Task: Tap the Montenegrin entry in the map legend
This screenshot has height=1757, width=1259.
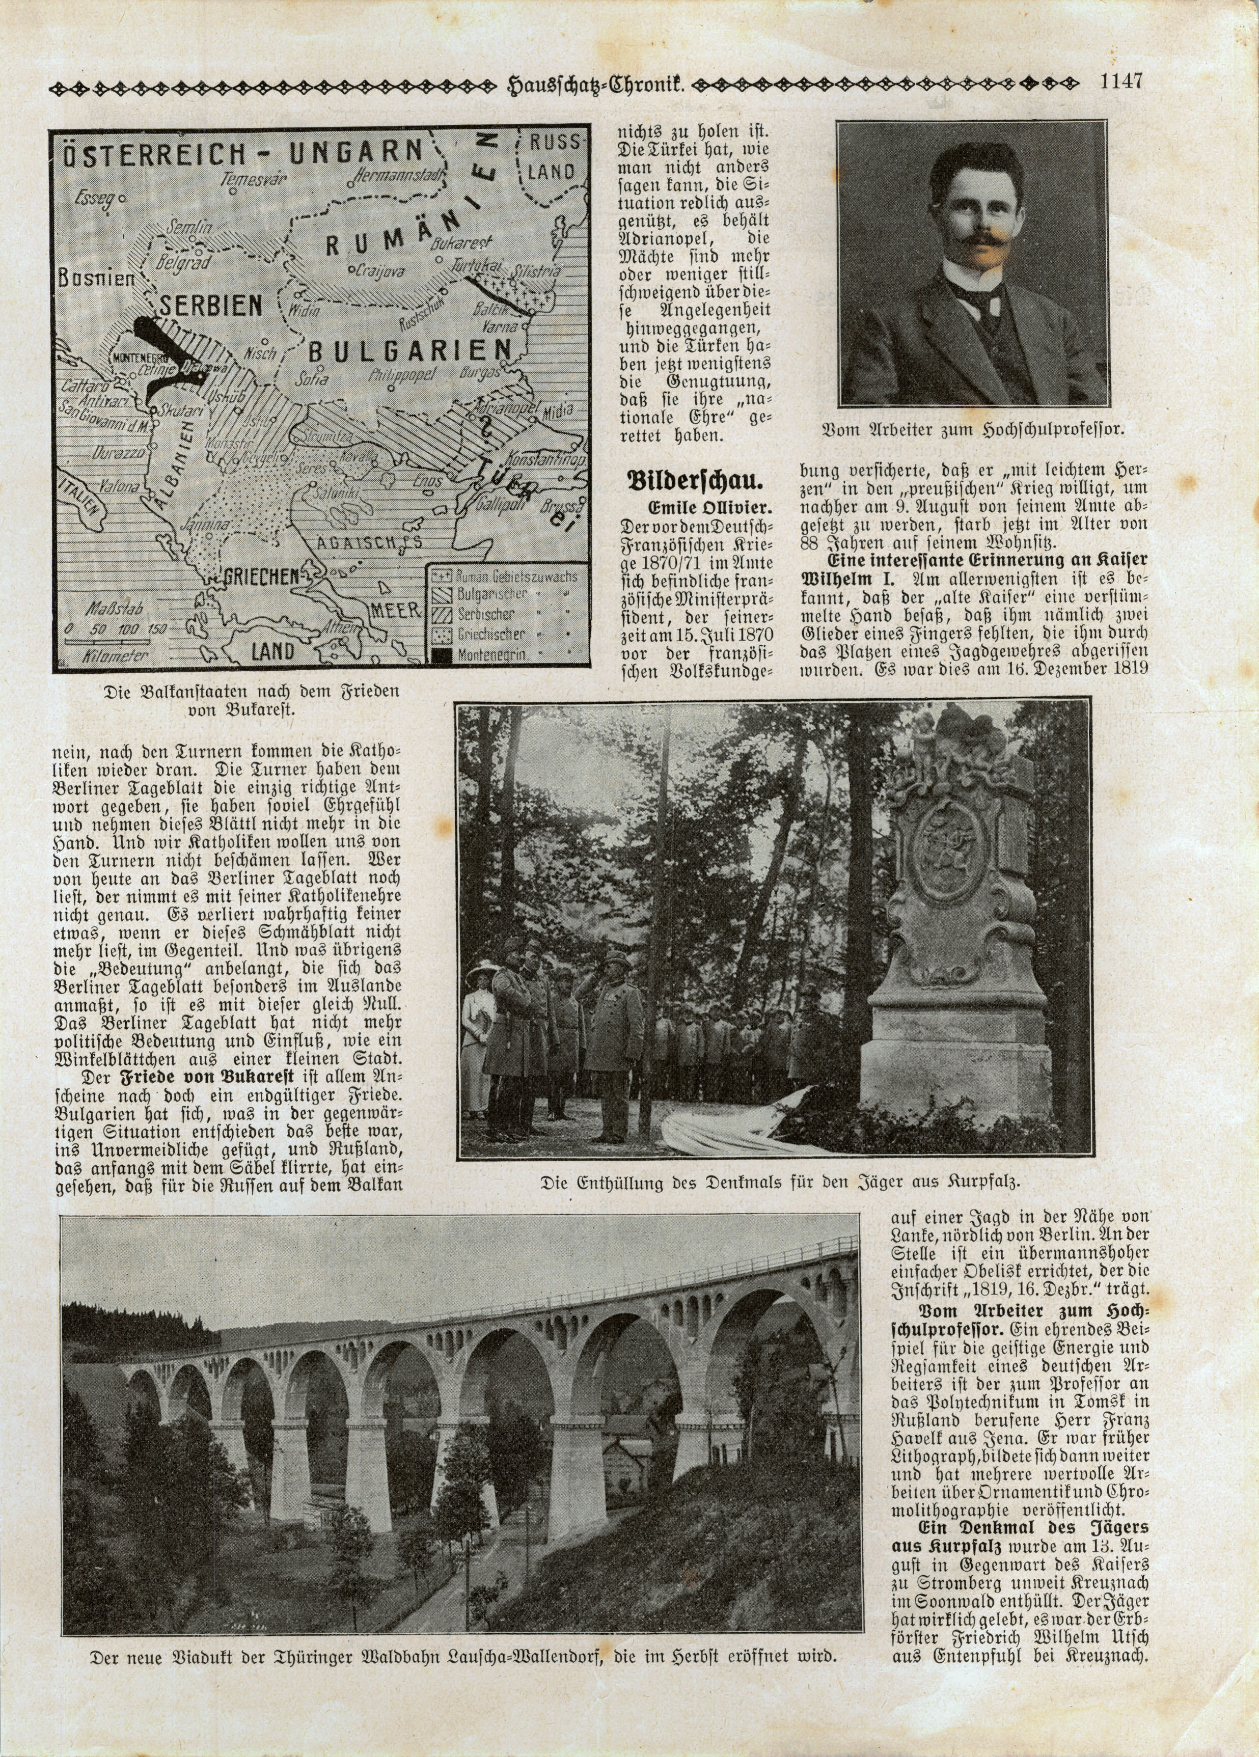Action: click(489, 654)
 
